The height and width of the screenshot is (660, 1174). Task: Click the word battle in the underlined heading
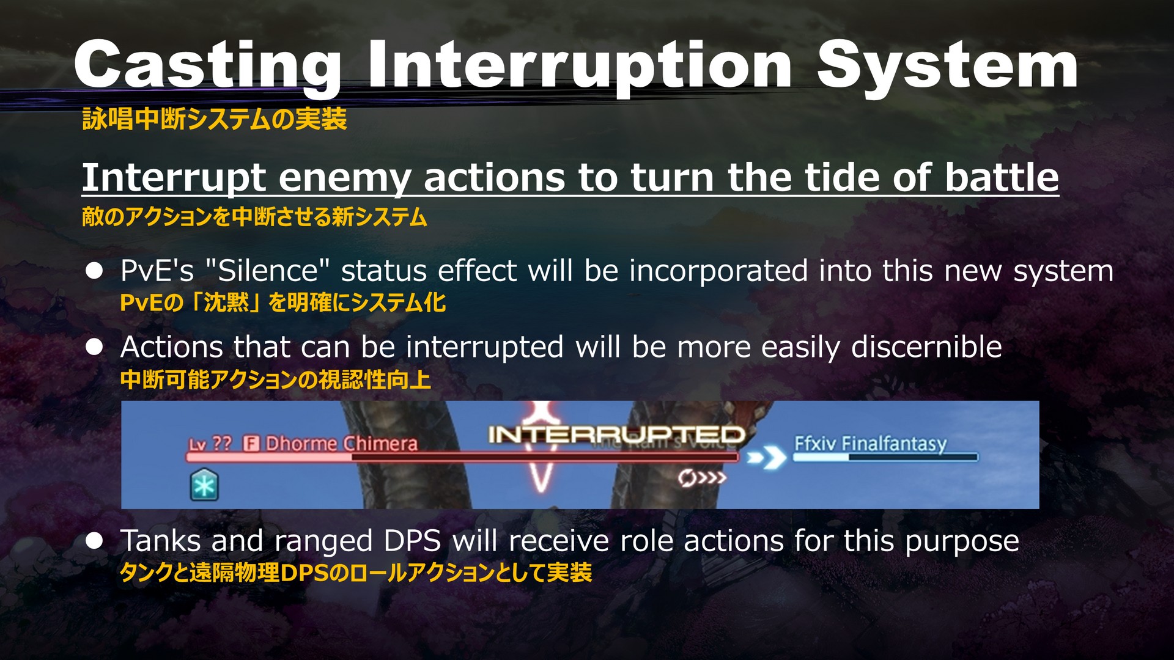click(x=1002, y=177)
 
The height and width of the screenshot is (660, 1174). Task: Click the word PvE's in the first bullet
click(x=157, y=271)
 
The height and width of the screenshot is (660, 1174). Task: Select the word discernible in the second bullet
click(x=926, y=346)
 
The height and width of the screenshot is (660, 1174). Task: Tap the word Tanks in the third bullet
click(x=161, y=540)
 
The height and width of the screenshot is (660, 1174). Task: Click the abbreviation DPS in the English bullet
click(x=413, y=541)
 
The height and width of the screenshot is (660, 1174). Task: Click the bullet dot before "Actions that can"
click(x=94, y=347)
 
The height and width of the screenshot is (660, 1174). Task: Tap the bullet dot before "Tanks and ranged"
click(x=94, y=541)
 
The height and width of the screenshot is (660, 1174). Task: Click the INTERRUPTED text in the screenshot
click(x=616, y=435)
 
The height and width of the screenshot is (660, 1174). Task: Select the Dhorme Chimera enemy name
click(x=341, y=443)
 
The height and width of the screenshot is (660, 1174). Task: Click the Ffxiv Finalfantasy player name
click(x=870, y=443)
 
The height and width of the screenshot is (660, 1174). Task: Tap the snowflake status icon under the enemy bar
click(x=204, y=485)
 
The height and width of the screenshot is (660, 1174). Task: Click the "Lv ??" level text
click(x=210, y=444)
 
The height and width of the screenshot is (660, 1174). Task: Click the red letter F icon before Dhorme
click(x=251, y=443)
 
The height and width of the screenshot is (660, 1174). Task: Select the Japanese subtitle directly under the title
click(x=215, y=119)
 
